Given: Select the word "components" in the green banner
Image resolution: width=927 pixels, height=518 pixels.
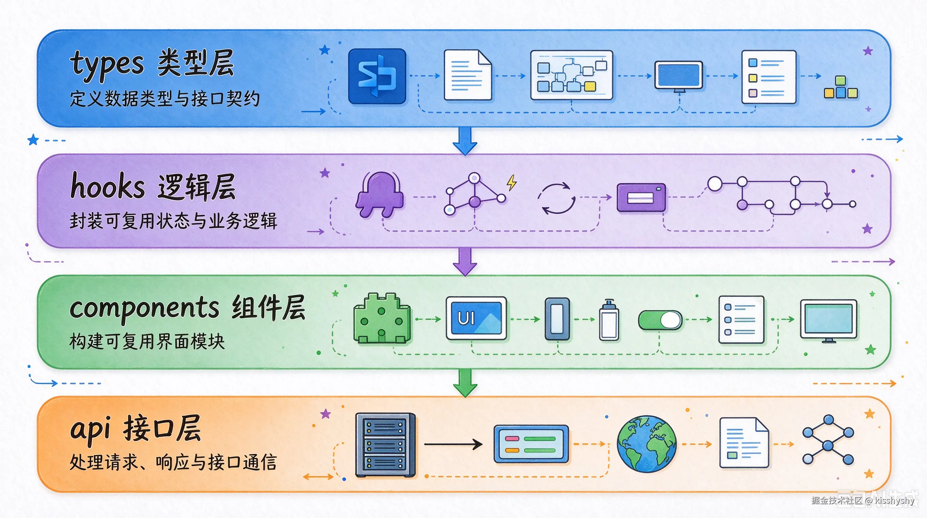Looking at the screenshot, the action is [x=144, y=309].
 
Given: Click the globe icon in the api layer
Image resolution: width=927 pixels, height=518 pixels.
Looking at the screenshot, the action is [x=647, y=444].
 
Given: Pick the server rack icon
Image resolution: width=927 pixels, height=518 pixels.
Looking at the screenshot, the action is [x=385, y=445].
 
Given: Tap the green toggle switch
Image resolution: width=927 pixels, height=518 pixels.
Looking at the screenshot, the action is [x=660, y=320].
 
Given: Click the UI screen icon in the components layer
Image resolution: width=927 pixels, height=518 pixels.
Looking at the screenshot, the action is [x=476, y=318].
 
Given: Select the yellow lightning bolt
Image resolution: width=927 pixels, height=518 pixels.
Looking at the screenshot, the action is [x=511, y=182].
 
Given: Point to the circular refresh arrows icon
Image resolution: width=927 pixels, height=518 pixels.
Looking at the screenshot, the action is [x=556, y=198].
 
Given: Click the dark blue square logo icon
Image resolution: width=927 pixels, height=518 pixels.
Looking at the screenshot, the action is [x=377, y=76].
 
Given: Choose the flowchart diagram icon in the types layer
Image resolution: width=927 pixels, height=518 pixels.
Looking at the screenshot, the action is [x=572, y=75].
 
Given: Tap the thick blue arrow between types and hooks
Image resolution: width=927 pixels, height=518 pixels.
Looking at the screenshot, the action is [x=465, y=141].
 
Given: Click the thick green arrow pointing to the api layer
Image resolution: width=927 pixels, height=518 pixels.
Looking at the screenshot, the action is [x=465, y=383].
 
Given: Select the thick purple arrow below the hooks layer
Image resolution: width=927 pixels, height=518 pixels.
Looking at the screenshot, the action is [x=465, y=261].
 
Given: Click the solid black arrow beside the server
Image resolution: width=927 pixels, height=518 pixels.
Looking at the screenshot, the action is [x=453, y=444].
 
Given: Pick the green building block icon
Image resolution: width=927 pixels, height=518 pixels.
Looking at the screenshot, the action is [x=382, y=318].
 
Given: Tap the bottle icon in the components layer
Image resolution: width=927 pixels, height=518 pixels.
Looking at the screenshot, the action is [x=609, y=320].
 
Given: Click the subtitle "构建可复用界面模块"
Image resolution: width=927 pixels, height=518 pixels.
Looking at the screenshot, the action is [x=147, y=341].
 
